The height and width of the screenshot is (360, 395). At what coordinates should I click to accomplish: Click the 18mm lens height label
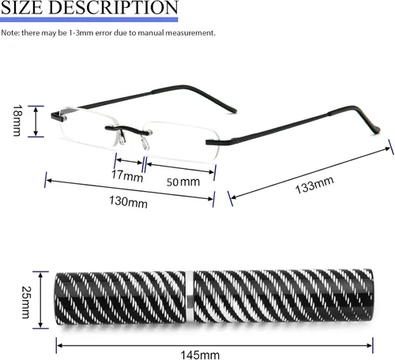[x=17, y=121]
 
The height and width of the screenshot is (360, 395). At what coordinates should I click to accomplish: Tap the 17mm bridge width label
[x=127, y=175]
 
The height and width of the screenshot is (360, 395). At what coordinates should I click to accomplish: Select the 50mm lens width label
[x=183, y=182]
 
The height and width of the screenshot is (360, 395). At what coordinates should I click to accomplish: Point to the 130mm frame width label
[x=128, y=202]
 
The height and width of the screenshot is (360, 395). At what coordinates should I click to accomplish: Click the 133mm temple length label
[x=314, y=186]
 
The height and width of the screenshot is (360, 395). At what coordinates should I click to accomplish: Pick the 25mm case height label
[x=26, y=302]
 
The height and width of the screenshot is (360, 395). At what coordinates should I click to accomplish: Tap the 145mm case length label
[x=200, y=355]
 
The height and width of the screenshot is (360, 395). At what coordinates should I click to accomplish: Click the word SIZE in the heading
[x=22, y=7]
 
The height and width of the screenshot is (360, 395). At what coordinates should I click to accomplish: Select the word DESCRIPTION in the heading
[x=114, y=7]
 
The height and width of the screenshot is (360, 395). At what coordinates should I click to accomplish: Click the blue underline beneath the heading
[x=89, y=20]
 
